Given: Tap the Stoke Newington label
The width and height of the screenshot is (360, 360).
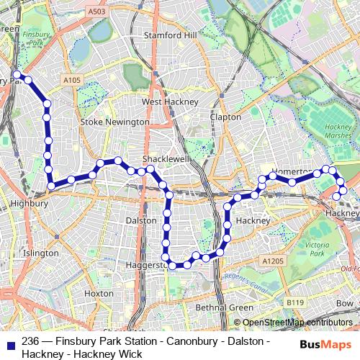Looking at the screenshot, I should click(114, 122).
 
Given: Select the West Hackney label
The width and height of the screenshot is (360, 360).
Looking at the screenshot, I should click(169, 102).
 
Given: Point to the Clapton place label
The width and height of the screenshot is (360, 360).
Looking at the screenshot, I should click(225, 117).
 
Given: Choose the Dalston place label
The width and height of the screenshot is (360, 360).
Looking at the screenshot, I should click(141, 220).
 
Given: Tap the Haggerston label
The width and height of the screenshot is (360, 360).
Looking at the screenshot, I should click(145, 265).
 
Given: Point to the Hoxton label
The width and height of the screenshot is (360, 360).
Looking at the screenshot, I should click(99, 294).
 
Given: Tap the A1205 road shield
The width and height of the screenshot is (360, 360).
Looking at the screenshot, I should click(272, 261).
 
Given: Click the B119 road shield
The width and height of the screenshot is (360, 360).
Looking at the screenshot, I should click(294, 302).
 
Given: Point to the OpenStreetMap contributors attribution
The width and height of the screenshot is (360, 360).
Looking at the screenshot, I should click(297, 323).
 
